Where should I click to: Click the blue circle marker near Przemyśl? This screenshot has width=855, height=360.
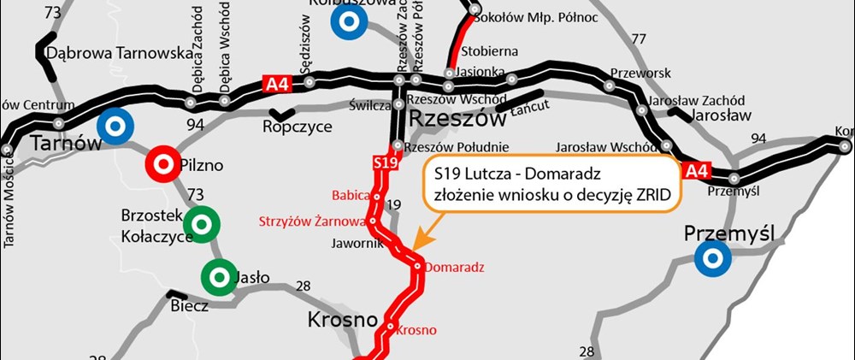pos(711,257)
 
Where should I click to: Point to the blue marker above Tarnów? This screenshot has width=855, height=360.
pos(114,126)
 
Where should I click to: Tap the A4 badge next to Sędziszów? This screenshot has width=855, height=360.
pos(273,83)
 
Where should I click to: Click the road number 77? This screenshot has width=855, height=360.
pos(638,39)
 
